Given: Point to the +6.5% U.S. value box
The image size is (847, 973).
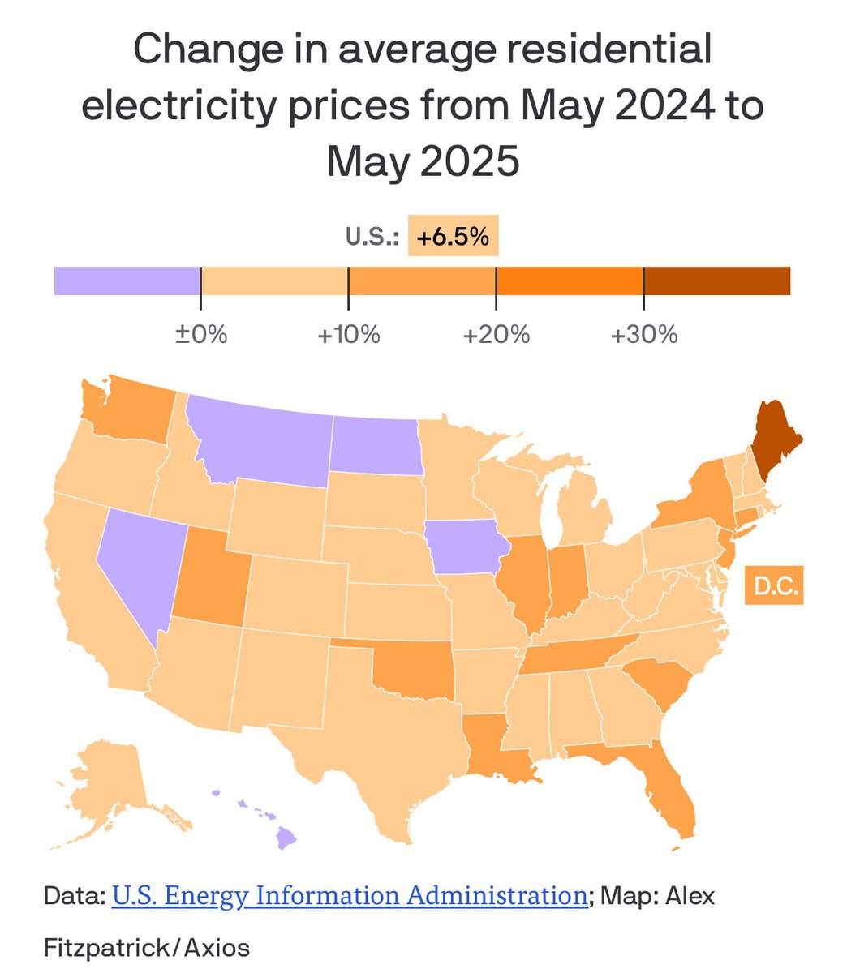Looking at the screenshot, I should [x=453, y=237].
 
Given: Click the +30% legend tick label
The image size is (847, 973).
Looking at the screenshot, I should [x=643, y=334].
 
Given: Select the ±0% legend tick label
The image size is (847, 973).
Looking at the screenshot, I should [x=201, y=334].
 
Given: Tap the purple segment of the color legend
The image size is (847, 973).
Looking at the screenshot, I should [x=127, y=281].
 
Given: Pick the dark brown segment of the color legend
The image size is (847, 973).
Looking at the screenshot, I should [x=716, y=281].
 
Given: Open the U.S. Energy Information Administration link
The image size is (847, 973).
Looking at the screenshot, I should [x=349, y=895].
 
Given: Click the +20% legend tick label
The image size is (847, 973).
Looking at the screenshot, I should [x=496, y=334].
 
